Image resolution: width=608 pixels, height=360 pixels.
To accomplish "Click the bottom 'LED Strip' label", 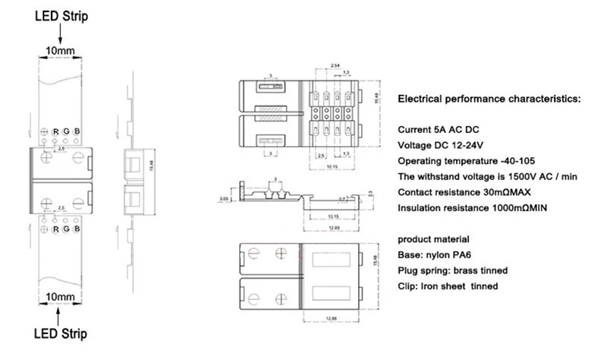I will tap(59, 333).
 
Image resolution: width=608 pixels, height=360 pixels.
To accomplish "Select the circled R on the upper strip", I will tap(55, 131).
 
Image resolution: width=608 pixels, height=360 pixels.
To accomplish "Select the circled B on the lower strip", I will tap(77, 228).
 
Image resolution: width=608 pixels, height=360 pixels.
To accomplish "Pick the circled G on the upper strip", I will tap(67, 131).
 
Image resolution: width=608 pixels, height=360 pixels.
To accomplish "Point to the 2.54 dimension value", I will tap(335, 66).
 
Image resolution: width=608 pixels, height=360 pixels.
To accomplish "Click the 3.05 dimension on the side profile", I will tap(224, 197).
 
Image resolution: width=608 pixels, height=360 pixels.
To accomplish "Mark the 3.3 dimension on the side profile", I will tap(369, 195).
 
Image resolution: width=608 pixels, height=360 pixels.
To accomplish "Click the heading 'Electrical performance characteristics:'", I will tap(489, 99).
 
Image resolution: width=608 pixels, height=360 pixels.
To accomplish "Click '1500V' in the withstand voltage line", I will tap(524, 176).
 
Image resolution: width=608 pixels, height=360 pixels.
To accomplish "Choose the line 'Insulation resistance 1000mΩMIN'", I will tap(474, 207).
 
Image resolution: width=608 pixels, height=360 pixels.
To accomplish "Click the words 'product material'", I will tap(429, 238).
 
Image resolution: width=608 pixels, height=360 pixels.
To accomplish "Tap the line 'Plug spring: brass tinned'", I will tap(453, 270).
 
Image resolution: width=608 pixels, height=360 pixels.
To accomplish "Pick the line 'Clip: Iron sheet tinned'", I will tap(448, 286).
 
